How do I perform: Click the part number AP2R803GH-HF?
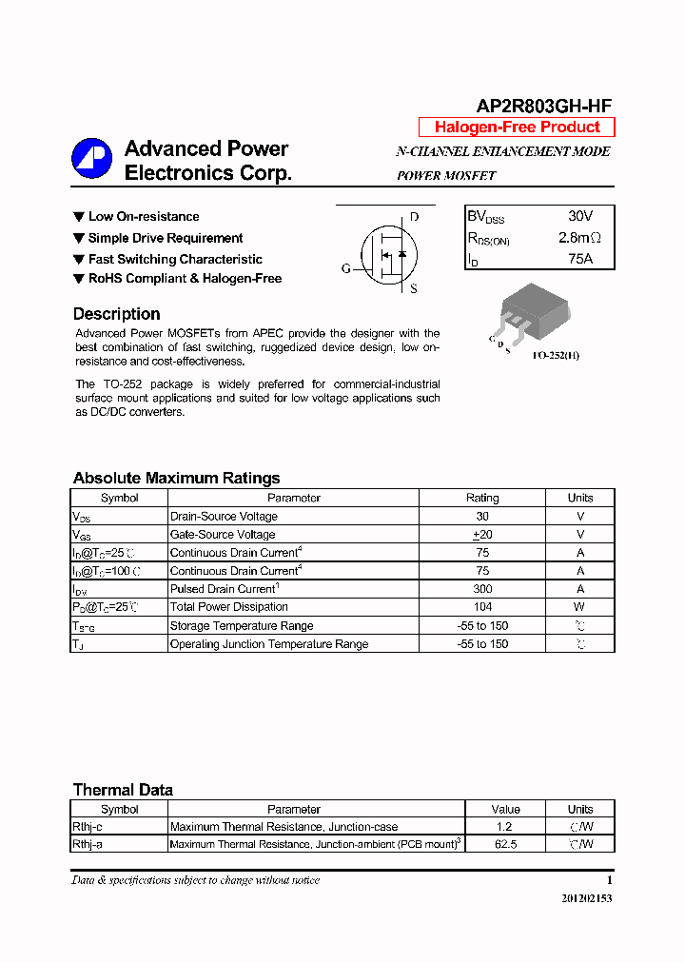point(543,107)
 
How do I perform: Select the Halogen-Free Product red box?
point(517,128)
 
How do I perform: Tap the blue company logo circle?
point(91,159)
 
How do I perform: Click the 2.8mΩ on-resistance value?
point(579,238)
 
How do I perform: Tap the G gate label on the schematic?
point(345,269)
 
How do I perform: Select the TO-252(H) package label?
point(556,355)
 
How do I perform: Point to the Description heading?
point(116,314)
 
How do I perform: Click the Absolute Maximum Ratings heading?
point(176,478)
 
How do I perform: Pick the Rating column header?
point(482,498)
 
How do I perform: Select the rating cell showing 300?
point(482,589)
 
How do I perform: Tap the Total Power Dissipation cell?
point(229,607)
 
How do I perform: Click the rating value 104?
point(482,607)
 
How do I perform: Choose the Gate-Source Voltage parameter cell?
point(223,535)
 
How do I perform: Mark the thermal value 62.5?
point(506,844)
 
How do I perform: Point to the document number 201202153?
point(581,898)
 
